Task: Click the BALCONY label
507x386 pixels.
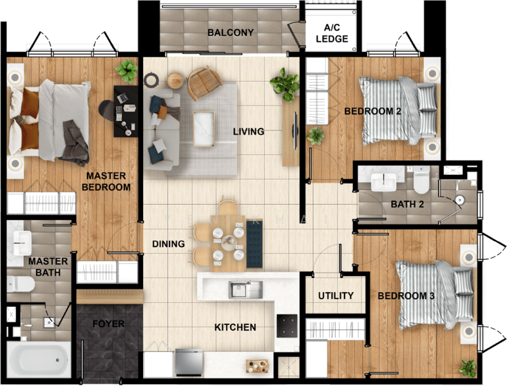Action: tap(231, 32)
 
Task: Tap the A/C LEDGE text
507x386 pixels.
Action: tap(332, 33)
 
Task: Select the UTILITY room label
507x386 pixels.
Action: tap(336, 295)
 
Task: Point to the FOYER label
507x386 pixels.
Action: tap(108, 324)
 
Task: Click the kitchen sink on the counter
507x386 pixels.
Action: tap(245, 289)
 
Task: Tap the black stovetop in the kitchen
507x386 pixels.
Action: tap(287, 326)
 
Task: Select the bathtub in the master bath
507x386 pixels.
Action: tap(39, 359)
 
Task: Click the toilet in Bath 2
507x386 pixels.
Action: tap(421, 180)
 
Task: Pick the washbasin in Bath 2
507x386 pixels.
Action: tap(383, 182)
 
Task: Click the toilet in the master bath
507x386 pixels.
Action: tap(21, 284)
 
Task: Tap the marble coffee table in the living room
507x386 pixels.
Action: tap(204, 129)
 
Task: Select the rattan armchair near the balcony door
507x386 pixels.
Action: tap(204, 83)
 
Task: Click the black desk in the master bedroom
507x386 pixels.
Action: tap(126, 111)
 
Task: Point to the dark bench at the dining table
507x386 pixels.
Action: tap(254, 244)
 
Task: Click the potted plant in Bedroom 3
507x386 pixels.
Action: tap(468, 368)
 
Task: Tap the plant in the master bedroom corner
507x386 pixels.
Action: tap(126, 71)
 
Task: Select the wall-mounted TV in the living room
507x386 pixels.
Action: tap(294, 131)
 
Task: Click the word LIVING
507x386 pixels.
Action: tap(249, 131)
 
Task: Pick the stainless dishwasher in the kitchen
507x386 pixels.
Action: tap(189, 362)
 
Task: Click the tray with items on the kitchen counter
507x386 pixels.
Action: tap(258, 365)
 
